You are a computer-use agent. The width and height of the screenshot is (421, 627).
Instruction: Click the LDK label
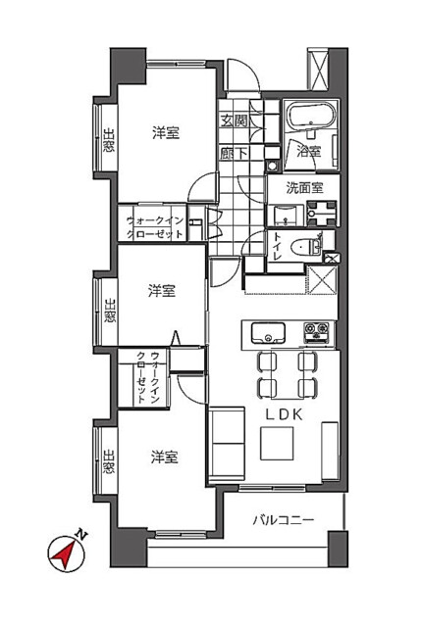tap(287, 414)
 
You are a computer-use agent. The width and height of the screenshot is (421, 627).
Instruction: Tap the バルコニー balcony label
tap(284, 519)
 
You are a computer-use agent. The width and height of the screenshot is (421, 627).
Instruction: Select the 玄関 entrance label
tap(233, 122)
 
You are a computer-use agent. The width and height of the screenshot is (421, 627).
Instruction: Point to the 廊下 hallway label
tap(233, 153)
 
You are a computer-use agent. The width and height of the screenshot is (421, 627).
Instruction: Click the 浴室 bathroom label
tap(308, 152)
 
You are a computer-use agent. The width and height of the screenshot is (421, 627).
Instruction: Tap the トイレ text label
tap(280, 246)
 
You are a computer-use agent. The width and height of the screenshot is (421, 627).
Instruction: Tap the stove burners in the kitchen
tap(316, 330)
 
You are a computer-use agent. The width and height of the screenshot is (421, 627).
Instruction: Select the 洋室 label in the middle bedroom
tap(162, 291)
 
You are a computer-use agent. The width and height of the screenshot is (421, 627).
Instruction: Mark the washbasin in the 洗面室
tap(322, 209)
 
